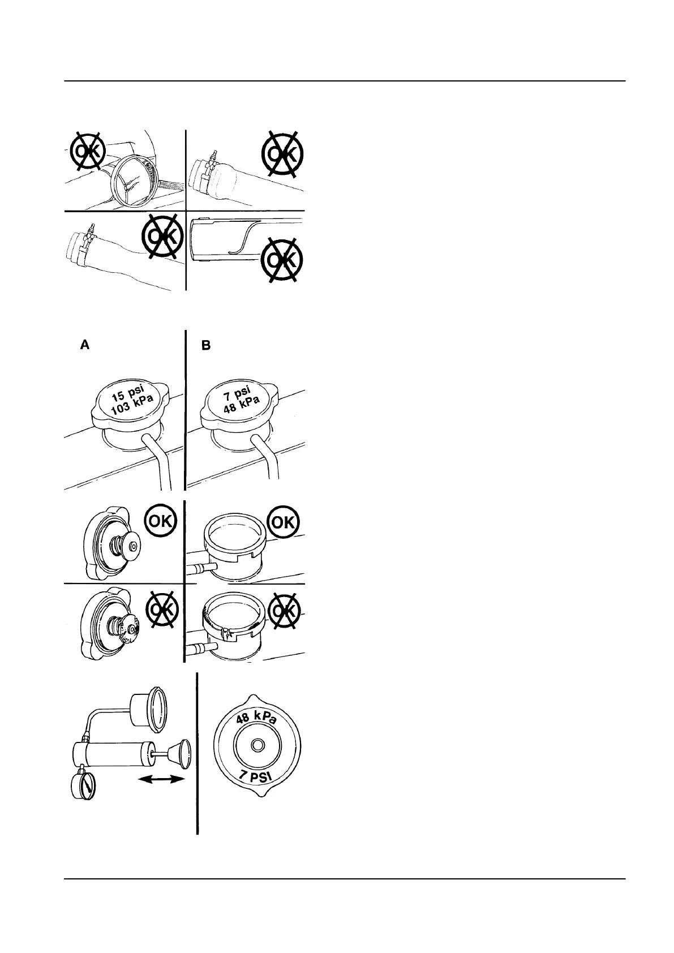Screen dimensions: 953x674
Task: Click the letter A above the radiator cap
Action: pyautogui.click(x=84, y=345)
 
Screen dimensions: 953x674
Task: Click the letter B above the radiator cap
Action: pyautogui.click(x=207, y=345)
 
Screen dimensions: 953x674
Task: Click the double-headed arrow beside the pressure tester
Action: pyautogui.click(x=161, y=779)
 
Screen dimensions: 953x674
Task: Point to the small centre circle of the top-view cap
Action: pyautogui.click(x=257, y=746)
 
